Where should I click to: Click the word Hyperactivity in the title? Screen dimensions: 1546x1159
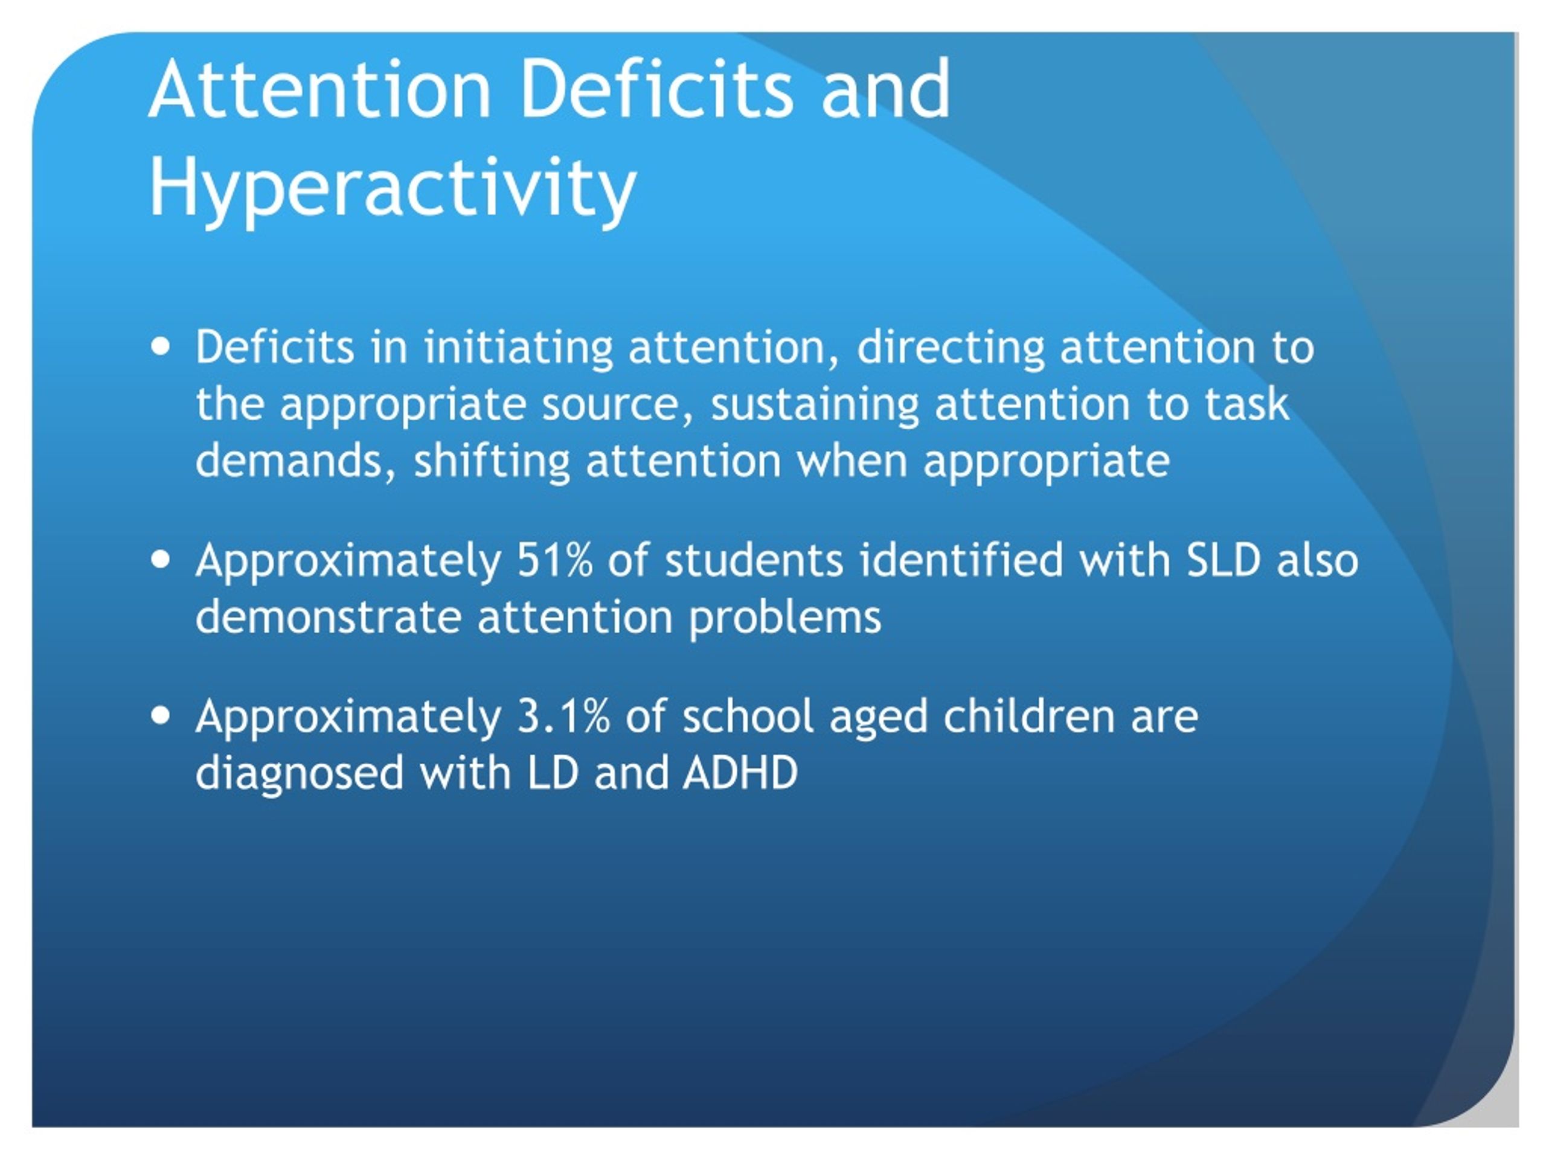coord(392,188)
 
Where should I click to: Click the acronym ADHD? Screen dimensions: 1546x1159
coord(741,773)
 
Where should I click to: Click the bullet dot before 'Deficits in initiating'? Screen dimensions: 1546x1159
coord(161,347)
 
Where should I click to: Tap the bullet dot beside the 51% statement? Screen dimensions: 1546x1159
coord(161,560)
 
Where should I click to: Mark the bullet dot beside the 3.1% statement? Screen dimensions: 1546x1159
coord(161,716)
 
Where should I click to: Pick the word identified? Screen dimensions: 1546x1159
coord(961,560)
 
